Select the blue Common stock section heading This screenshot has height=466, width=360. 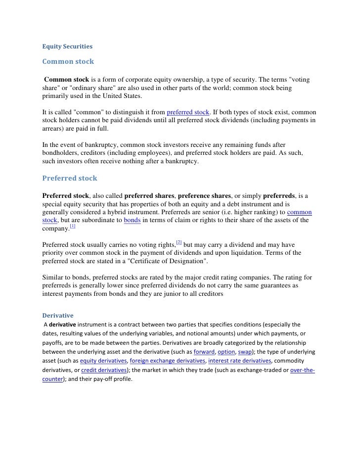click(x=68, y=62)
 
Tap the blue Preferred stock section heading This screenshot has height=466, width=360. click(x=70, y=178)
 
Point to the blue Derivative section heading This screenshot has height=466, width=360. click(x=58, y=315)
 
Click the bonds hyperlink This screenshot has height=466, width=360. click(x=133, y=220)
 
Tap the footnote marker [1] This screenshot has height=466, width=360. click(x=72, y=227)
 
